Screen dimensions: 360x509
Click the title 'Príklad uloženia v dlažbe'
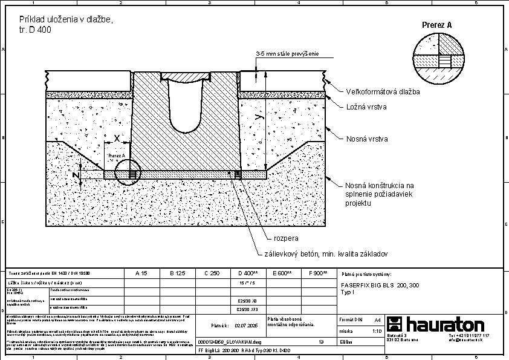[x=61, y=19]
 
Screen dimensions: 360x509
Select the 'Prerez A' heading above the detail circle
[x=436, y=25]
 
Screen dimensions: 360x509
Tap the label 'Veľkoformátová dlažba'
[x=383, y=92]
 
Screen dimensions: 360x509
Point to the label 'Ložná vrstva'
[x=366, y=107]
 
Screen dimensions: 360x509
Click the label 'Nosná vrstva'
[x=366, y=139]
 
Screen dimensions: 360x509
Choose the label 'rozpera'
[x=287, y=238]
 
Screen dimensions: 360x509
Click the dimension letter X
[x=117, y=138]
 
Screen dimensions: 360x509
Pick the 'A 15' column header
[x=141, y=273]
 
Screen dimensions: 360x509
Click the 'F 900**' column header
[x=317, y=273]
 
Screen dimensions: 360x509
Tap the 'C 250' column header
[x=212, y=273]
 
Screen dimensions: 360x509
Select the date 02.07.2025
[x=247, y=326]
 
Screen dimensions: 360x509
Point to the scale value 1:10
[x=377, y=332]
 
